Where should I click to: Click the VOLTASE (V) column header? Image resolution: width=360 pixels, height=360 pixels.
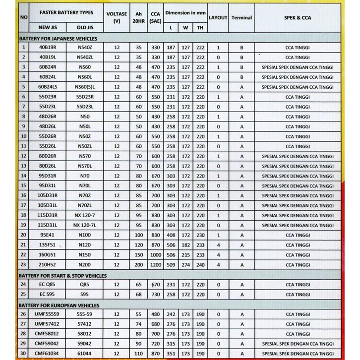[x=117, y=17]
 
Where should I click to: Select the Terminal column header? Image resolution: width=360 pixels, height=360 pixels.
[x=241, y=17]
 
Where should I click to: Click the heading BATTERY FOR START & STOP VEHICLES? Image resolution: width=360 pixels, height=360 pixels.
[x=62, y=275]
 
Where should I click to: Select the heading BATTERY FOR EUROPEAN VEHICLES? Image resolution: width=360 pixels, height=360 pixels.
[x=59, y=305]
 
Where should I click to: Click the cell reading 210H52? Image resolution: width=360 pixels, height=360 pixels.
[x=47, y=265]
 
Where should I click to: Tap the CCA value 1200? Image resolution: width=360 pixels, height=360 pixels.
[x=156, y=265]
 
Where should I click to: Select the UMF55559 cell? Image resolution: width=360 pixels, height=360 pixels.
[x=47, y=314]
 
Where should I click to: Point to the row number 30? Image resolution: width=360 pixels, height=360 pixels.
[x=23, y=353]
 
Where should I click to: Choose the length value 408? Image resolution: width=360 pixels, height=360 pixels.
[x=171, y=235]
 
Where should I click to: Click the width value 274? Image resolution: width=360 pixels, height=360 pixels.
[x=185, y=265]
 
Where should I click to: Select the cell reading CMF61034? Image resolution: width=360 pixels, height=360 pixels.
[x=47, y=353]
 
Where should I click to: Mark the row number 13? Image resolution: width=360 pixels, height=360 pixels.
[x=23, y=166]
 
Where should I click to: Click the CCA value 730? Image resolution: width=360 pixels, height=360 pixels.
[x=156, y=295]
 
